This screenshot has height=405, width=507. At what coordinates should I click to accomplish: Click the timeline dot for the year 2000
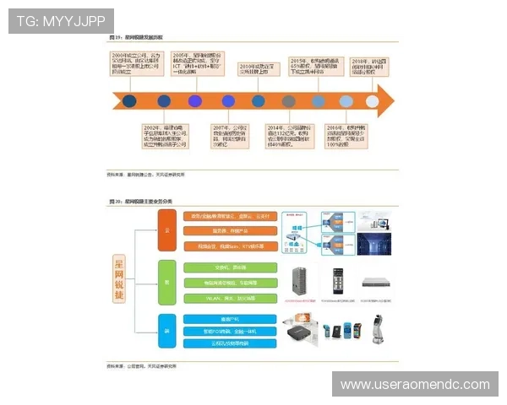coord(129,100)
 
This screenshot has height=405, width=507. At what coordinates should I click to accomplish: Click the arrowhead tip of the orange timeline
coord(393,100)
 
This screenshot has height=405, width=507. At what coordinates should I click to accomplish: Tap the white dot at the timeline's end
coord(373,100)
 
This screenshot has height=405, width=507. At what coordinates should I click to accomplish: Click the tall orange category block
coord(166,230)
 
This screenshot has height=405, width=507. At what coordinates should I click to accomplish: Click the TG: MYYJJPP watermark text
coord(60,20)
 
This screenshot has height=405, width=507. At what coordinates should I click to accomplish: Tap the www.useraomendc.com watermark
coord(415,384)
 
